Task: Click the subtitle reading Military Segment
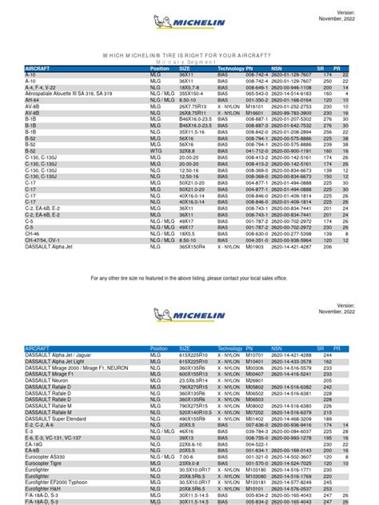[189, 61]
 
